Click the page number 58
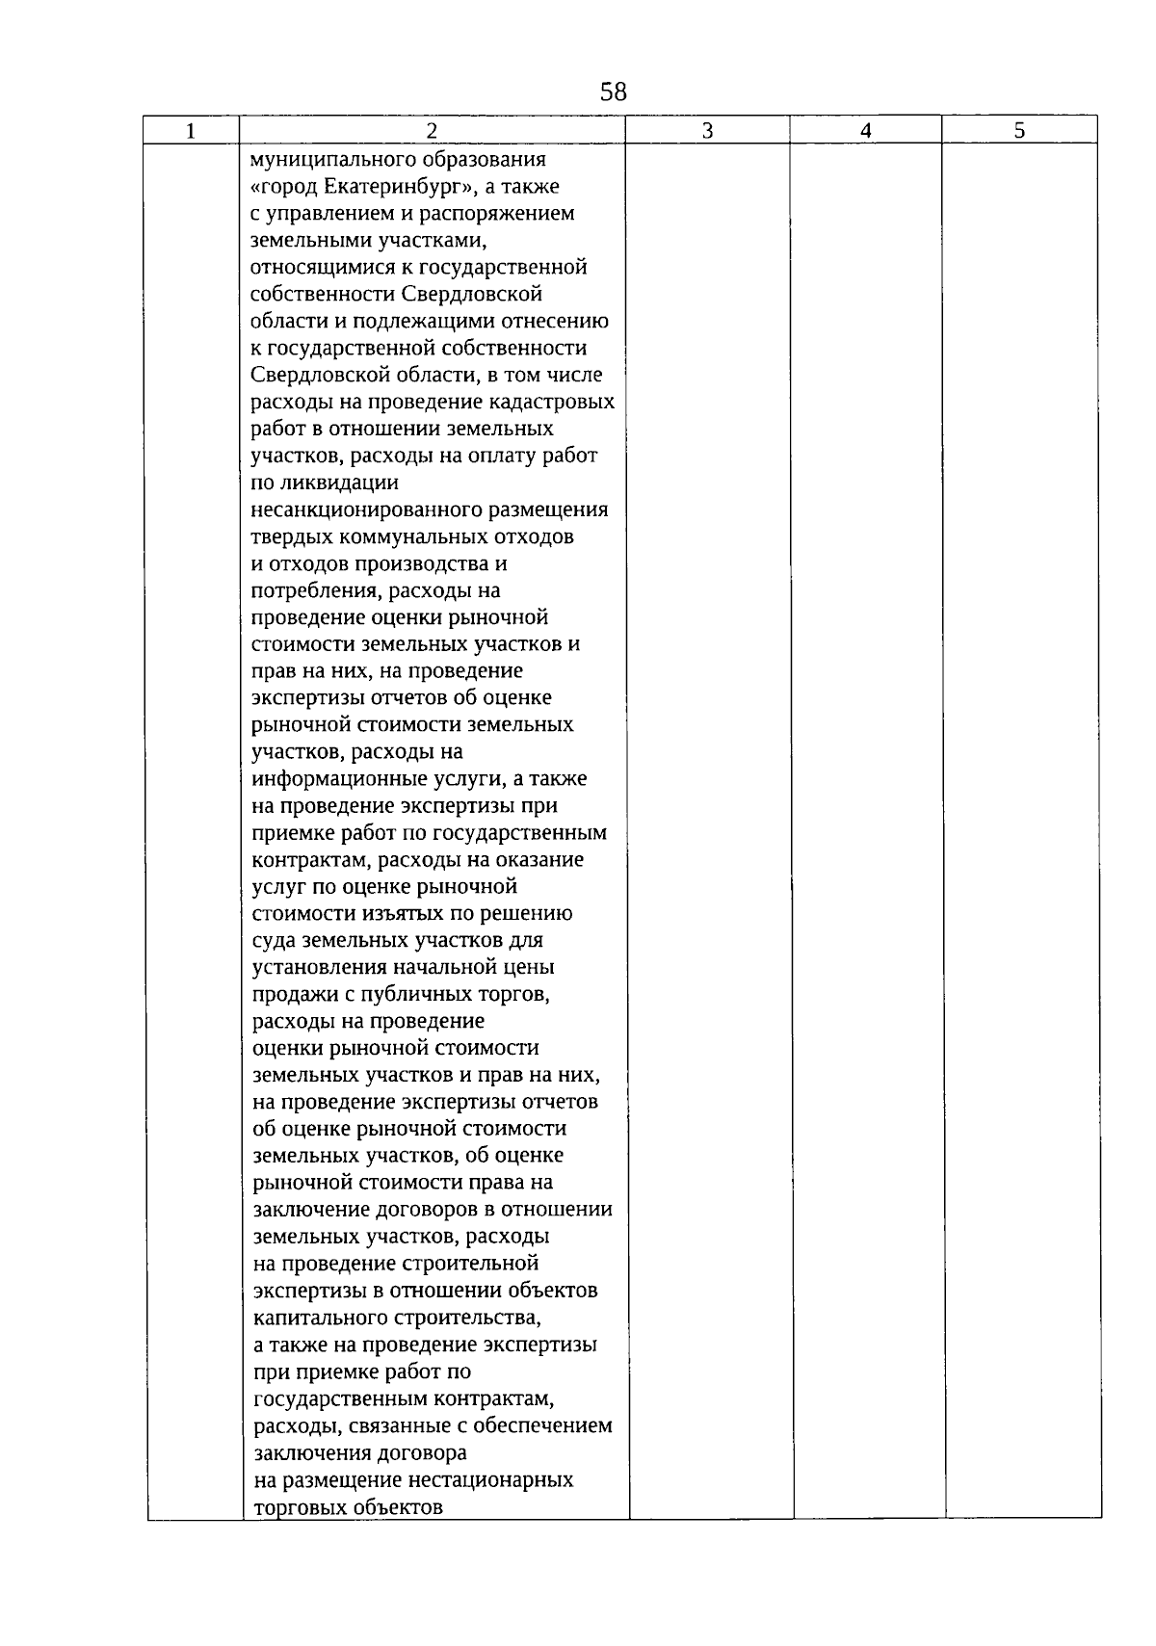613,92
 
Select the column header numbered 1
191,131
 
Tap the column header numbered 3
707,131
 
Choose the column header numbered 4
865,131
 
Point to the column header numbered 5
1019,131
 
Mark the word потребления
308,590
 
